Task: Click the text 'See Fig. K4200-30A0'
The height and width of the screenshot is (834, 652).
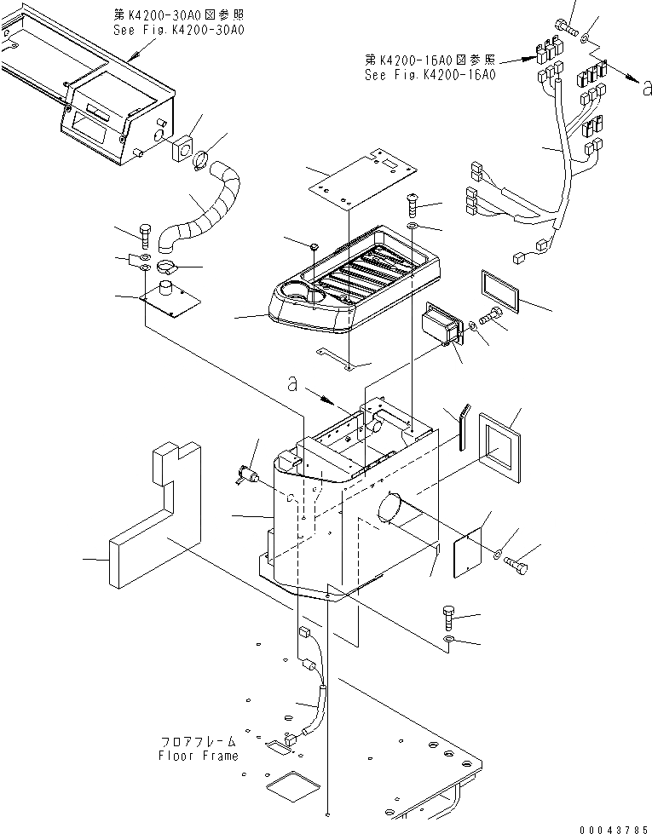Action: pos(179,30)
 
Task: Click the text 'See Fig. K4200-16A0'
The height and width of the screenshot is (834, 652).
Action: pos(430,74)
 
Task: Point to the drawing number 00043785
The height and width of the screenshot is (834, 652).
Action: pos(614,827)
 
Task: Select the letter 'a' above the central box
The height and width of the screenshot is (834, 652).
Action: pos(291,385)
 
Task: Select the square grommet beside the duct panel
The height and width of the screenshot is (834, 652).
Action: pos(182,151)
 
